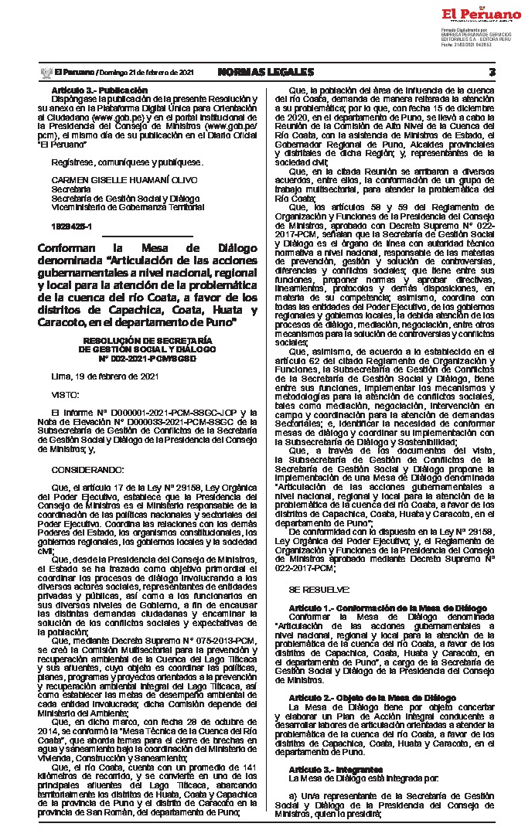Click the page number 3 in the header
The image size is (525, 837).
pos(492,72)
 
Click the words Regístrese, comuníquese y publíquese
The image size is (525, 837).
pos(117,162)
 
